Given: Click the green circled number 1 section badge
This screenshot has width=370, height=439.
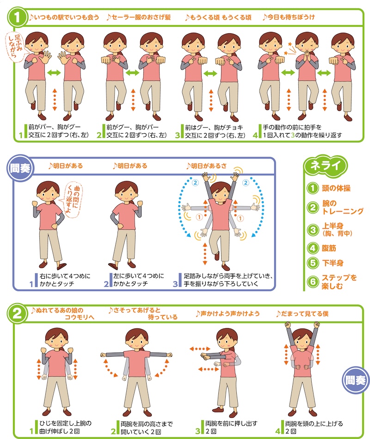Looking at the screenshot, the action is tap(18, 17).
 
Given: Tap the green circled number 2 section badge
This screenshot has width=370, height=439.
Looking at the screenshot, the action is tap(18, 314).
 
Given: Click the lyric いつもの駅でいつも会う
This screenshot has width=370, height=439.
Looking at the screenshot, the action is tap(64, 18).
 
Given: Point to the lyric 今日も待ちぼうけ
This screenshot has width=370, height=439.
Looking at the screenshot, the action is tap(289, 18).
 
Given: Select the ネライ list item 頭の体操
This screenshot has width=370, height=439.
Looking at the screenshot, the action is tap(336, 189).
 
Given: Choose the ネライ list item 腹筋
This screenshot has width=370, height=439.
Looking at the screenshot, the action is tap(329, 248).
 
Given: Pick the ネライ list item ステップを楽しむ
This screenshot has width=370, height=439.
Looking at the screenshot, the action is tap(339, 282).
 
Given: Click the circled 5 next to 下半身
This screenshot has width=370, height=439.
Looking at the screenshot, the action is tap(313, 263).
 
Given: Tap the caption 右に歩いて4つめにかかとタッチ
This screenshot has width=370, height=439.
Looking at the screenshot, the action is tap(65, 280).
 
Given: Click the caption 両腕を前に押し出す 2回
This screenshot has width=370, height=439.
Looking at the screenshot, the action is tap(231, 427).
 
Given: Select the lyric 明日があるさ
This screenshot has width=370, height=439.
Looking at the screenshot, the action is tap(207, 166).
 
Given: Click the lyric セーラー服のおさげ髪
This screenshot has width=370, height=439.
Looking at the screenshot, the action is tap(138, 18).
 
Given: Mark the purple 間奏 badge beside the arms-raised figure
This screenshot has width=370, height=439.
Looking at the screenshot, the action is tap(355, 380).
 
